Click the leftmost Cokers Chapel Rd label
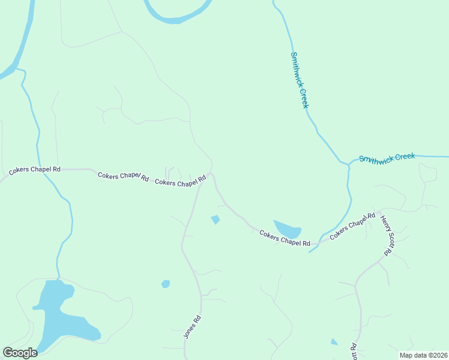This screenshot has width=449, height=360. coord(35,170)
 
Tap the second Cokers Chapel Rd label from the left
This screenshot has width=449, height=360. coord(123,176)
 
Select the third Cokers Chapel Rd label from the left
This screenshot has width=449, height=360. coord(181,181)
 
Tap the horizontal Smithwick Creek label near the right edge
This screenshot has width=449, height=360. coord(387,158)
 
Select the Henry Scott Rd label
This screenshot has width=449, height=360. coord(385,236)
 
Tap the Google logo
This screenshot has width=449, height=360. coord(20,353)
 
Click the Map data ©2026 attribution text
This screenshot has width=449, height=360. coord(423,355)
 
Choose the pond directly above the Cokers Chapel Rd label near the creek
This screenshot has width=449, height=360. coord(287,229)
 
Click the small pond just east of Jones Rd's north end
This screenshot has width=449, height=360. coord(215,220)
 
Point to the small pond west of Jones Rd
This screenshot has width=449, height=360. coord(166,284)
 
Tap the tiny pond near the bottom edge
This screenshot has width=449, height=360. coord(334,342)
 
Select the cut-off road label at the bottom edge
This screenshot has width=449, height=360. coord(354,352)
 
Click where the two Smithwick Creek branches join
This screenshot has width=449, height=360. coord(349,164)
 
